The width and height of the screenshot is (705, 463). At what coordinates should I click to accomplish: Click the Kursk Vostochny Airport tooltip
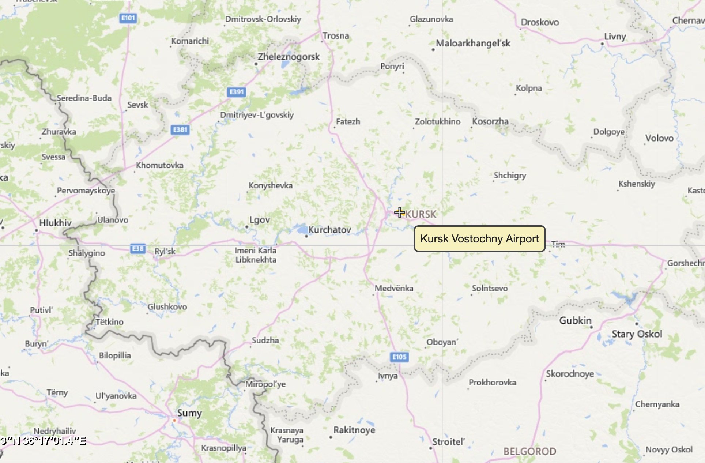click(479, 239)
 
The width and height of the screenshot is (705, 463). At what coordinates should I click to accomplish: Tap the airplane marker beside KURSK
click(399, 212)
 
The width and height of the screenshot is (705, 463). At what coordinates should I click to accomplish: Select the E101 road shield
click(128, 18)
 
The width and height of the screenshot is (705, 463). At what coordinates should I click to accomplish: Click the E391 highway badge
click(236, 92)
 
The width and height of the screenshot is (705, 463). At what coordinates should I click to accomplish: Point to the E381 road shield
click(180, 129)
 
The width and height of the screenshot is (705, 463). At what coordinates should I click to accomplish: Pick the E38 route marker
click(138, 249)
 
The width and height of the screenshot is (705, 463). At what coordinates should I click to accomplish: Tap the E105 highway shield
click(399, 357)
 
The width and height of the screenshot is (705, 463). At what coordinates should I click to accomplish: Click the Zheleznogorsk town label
click(289, 57)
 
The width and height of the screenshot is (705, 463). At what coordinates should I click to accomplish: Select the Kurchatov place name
click(329, 230)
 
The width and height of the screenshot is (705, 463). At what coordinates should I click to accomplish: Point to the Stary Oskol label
click(637, 334)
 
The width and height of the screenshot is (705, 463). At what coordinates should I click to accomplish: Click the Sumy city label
click(189, 413)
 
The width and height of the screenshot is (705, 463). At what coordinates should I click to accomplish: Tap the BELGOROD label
click(529, 451)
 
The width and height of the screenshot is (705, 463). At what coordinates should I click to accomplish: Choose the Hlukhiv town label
click(55, 223)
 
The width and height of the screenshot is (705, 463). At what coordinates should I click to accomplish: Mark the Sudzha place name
click(265, 340)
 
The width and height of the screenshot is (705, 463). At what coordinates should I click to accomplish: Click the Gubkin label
click(575, 321)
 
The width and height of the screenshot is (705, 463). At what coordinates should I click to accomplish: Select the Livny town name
click(615, 37)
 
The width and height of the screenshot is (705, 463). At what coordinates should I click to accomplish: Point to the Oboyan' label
click(442, 342)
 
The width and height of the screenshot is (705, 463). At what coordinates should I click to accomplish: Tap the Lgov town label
click(260, 220)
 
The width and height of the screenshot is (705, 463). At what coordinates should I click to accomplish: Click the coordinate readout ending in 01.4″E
click(43, 441)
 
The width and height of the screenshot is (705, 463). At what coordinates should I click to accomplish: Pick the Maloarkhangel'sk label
click(473, 43)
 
